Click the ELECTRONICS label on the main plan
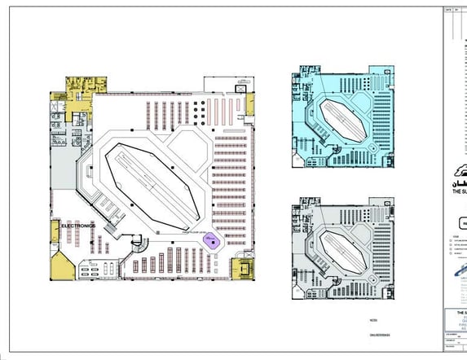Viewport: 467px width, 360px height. pyautogui.click(x=78, y=225)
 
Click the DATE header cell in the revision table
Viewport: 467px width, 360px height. pyautogui.click(x=448, y=10)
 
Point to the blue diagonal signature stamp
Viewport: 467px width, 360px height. pyautogui.click(x=457, y=281)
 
